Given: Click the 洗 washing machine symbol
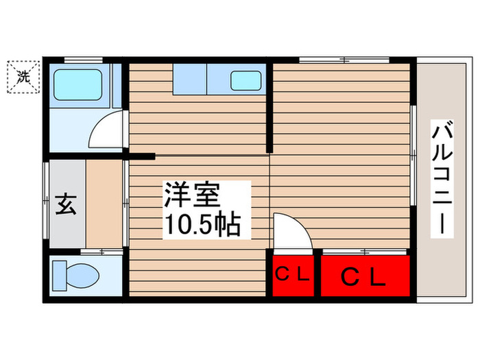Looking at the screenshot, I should point(24,77).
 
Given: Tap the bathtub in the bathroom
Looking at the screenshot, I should point(80,84).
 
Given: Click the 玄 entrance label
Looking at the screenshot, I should point(65,204).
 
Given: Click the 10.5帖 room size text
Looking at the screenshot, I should point(200,224).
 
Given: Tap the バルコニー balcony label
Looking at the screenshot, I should point(441,178).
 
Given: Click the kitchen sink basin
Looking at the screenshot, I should point(245,81).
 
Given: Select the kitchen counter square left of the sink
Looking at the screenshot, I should point(189,80).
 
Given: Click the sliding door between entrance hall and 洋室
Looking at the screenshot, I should point(125,202).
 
